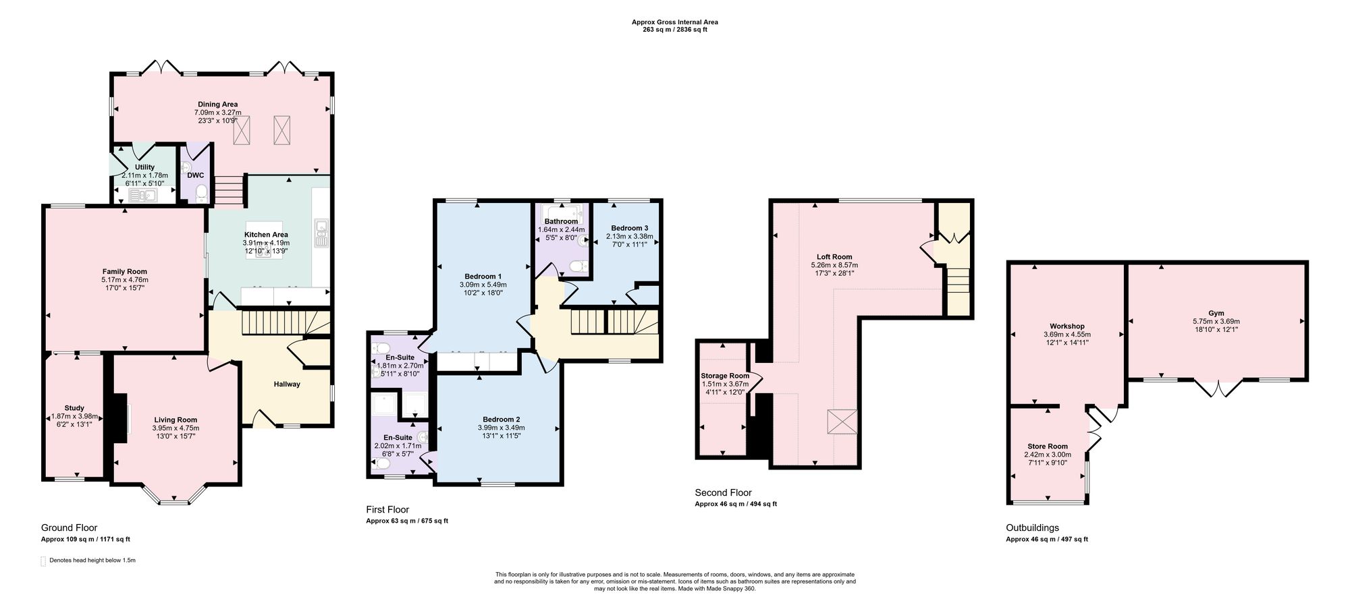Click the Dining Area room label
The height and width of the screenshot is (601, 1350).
[x=217, y=105]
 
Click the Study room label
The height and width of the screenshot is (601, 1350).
[x=74, y=408]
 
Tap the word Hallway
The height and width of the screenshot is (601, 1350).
[x=287, y=384]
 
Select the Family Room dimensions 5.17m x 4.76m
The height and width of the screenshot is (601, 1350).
[x=125, y=280]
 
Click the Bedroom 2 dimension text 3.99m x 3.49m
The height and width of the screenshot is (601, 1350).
[x=501, y=428]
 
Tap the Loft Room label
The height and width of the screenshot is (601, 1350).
[x=834, y=257]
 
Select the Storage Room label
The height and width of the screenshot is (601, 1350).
[x=726, y=376]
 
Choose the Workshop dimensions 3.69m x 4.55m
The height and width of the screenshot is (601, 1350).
[x=1067, y=335]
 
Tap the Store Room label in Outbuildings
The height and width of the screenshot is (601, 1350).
[x=1048, y=447]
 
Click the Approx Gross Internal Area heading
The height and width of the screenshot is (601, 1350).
[x=675, y=22]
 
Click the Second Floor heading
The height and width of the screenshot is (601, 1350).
[x=723, y=493]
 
